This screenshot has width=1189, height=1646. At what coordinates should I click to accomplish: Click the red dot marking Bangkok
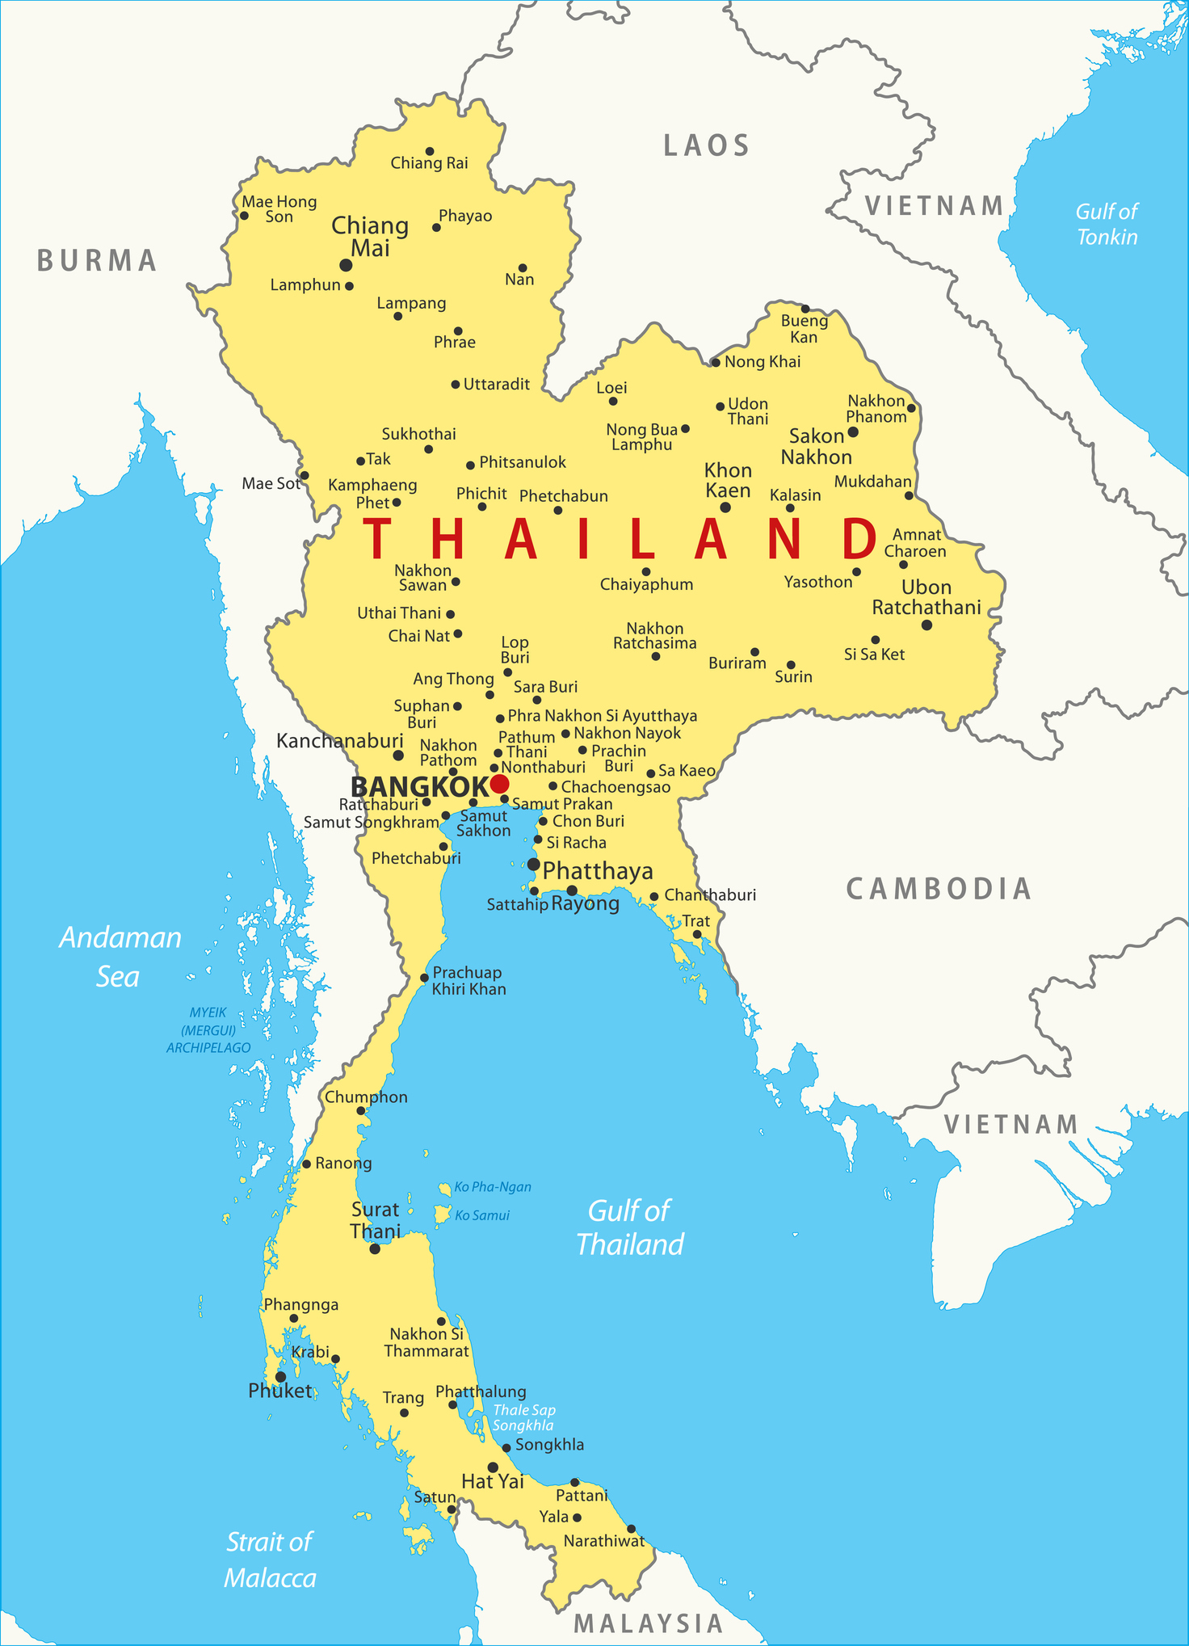[x=499, y=784]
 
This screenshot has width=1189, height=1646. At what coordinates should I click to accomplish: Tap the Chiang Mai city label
[x=370, y=237]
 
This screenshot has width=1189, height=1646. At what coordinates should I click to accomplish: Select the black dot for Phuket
[x=280, y=1377]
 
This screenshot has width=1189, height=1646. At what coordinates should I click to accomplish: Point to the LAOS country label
[x=707, y=146]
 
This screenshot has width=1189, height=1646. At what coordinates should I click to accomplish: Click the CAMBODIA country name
[x=939, y=889]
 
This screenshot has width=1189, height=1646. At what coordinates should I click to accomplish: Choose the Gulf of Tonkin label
[x=1107, y=224]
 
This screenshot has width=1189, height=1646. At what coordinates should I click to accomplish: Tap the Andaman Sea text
[x=120, y=957]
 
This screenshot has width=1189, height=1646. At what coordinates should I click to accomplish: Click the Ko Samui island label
[x=481, y=1215]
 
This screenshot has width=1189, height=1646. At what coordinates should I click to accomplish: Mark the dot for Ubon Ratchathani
[x=926, y=625]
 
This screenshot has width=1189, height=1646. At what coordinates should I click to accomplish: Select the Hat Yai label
[x=492, y=1481]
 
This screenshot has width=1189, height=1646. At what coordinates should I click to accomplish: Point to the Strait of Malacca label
[x=269, y=1560]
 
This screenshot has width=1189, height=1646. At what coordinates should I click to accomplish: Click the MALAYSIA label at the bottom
[x=648, y=1623]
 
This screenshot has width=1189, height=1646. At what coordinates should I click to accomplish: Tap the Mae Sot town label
[x=271, y=483]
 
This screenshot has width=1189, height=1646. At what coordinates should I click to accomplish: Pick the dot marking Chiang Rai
[x=430, y=151]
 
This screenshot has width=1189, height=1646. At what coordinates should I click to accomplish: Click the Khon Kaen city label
[x=727, y=480]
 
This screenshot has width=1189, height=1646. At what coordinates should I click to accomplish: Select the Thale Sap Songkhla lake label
[x=524, y=1417]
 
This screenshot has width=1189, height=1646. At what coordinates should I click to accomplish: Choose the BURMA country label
[x=97, y=261]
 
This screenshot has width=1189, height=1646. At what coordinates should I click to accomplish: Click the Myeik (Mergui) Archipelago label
[x=208, y=1029]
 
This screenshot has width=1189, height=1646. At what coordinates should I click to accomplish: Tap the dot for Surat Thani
[x=375, y=1248]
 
